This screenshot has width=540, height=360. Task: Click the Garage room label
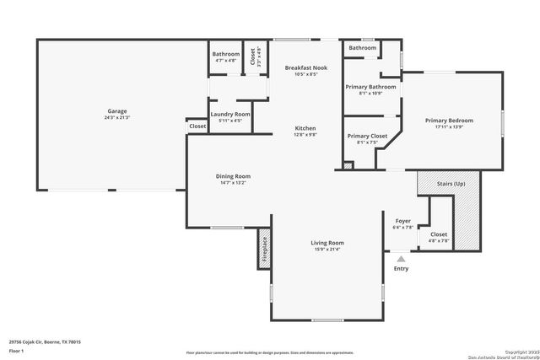click(116, 110)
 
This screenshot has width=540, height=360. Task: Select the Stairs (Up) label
click(447, 183)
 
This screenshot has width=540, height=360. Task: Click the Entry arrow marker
click(401, 260)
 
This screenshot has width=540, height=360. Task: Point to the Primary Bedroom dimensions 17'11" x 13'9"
click(448, 127)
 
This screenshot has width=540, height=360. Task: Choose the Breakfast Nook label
click(305, 67)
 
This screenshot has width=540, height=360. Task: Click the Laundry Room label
click(229, 114)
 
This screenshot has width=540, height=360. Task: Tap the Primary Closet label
click(367, 136)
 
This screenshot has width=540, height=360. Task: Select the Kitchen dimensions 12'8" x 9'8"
click(305, 134)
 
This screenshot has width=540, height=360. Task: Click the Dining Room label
click(233, 176)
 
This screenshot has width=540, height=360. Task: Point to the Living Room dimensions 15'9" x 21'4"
click(327, 249)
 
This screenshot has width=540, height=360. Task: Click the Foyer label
click(403, 221)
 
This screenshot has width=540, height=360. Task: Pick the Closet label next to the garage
click(197, 126)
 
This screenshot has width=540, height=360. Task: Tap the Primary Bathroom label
click(370, 87)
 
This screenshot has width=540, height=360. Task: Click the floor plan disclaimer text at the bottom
click(269, 352)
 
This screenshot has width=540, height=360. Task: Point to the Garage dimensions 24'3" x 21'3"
click(116, 117)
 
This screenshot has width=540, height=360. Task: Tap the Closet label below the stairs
click(439, 234)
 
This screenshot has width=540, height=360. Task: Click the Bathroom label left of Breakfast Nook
click(225, 54)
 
